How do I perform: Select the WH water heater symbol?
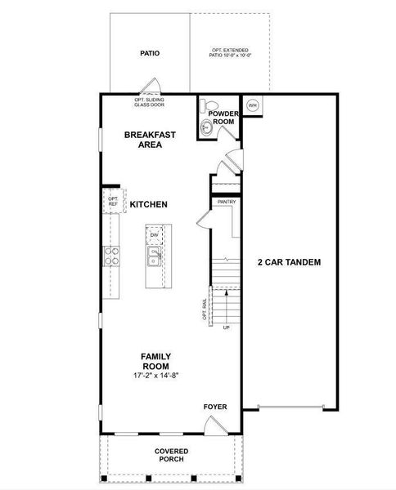pyautogui.click(x=252, y=105)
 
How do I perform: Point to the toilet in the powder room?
pyautogui.click(x=207, y=105)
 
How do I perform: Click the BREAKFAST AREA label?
pyautogui.click(x=143, y=140)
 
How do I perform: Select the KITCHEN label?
pyautogui.click(x=149, y=204)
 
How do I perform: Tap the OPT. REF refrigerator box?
pyautogui.click(x=113, y=202)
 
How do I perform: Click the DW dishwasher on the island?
pyautogui.click(x=154, y=235)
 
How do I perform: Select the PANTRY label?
pyautogui.click(x=227, y=201)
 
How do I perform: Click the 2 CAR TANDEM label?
pyautogui.click(x=288, y=263)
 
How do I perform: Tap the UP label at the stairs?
pyautogui.click(x=227, y=327)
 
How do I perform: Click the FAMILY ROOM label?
pyautogui.click(x=155, y=361)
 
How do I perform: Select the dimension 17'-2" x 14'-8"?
pyautogui.click(x=155, y=376)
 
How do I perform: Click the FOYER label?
pyautogui.click(x=215, y=406)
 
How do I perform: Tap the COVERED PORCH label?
pyautogui.click(x=172, y=455)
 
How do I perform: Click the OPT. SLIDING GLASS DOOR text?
pyautogui.click(x=151, y=103)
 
